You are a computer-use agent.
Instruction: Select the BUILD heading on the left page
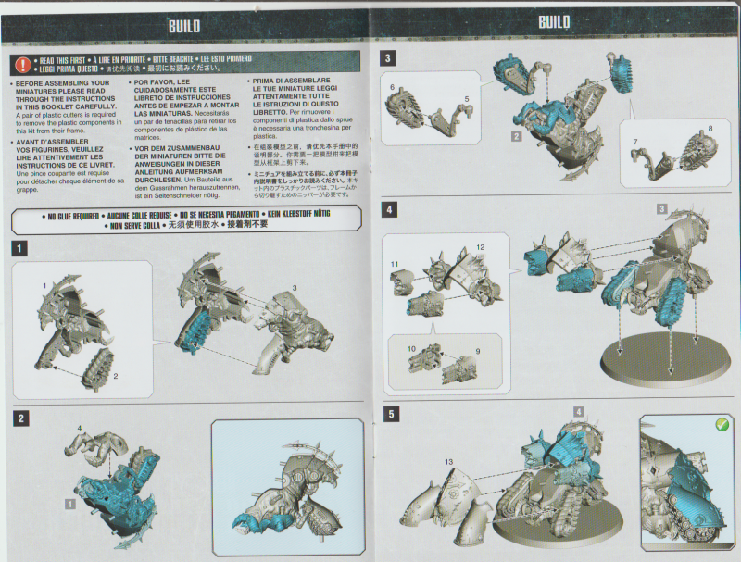pyautogui.click(x=183, y=25)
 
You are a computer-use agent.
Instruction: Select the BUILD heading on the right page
pyautogui.click(x=554, y=22)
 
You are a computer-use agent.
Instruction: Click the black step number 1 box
pyautogui.click(x=21, y=248)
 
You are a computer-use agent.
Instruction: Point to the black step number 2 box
pyautogui.click(x=21, y=418)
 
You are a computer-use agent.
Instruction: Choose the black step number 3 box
pyautogui.click(x=390, y=58)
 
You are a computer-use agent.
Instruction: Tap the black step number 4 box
pyautogui.click(x=390, y=210)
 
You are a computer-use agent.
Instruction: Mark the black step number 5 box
pyautogui.click(x=390, y=414)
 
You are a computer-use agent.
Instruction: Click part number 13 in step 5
pyautogui.click(x=448, y=461)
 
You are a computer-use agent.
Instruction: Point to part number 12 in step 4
pyautogui.click(x=481, y=247)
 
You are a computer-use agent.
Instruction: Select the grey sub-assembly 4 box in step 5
pyautogui.click(x=578, y=411)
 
